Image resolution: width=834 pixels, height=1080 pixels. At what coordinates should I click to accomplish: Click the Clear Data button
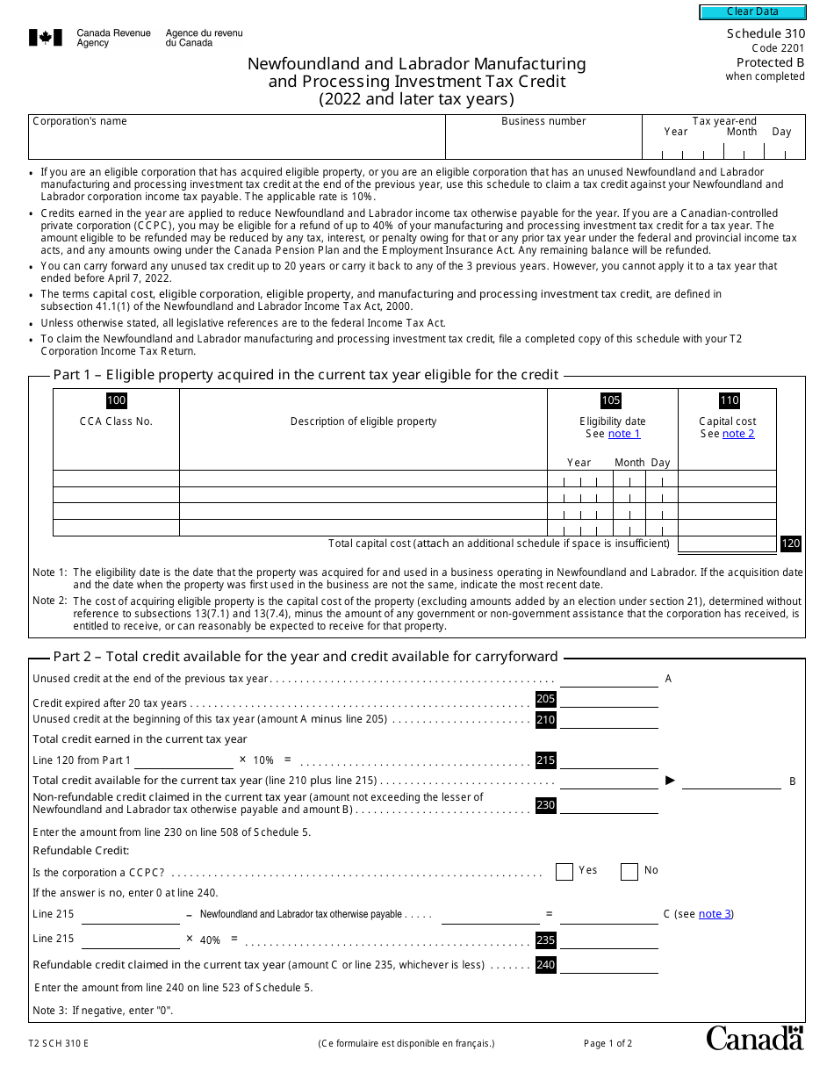pos(752,12)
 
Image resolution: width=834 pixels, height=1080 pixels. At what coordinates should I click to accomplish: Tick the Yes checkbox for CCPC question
pos(564,871)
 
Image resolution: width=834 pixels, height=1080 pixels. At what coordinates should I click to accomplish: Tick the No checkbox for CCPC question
pos(629,871)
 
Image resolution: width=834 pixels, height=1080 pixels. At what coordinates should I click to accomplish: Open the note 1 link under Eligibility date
pos(624,434)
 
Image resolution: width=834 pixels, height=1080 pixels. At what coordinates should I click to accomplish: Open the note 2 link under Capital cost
pos(738,434)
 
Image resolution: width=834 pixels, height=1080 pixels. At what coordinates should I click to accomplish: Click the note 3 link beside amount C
pos(715,914)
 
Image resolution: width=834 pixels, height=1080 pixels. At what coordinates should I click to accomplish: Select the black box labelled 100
pos(116,400)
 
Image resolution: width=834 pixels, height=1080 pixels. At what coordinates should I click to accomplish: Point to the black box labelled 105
pos(611,400)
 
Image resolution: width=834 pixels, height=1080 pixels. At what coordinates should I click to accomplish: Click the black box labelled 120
pos(790,544)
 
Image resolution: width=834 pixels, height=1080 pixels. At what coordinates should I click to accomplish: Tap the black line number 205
pos(545,699)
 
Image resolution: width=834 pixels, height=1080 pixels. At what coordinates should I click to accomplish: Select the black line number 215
pos(545,760)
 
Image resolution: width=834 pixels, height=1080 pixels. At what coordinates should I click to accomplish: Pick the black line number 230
pos(545,805)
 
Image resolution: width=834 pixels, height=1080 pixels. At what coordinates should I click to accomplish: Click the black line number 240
pos(545,965)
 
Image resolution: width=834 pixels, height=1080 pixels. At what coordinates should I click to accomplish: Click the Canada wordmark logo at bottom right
pos(754,1038)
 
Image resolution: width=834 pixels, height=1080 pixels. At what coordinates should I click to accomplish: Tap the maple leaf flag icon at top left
pos(46,38)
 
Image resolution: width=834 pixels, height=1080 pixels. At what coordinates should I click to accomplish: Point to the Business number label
pos(543,121)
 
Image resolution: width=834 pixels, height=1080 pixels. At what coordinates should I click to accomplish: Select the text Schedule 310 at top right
pos(765,33)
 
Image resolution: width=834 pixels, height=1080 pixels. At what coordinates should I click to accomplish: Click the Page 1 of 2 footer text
pos(608,1044)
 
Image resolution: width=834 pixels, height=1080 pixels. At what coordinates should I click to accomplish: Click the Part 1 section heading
pos(306,375)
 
